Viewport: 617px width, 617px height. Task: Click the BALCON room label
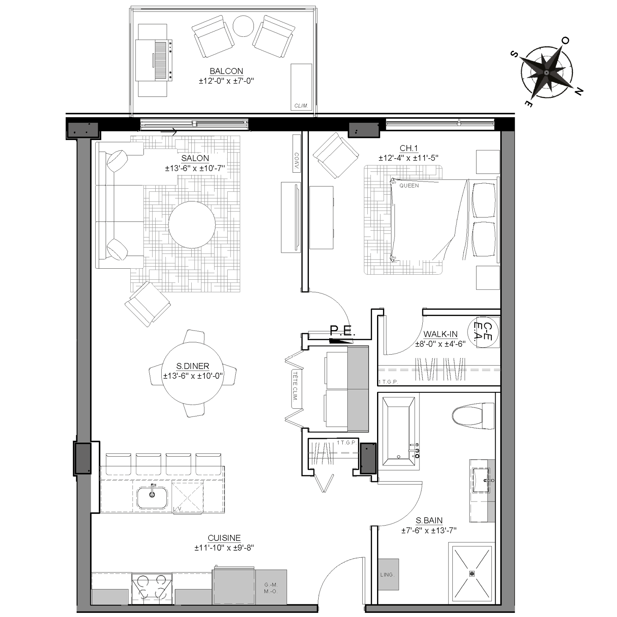pyautogui.click(x=226, y=71)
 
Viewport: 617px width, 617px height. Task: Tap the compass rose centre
pyautogui.click(x=546, y=73)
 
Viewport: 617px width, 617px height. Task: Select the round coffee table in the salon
pyautogui.click(x=192, y=224)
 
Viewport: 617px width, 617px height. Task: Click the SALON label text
pyautogui.click(x=195, y=158)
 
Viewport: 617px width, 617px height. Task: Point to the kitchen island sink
pyautogui.click(x=152, y=498)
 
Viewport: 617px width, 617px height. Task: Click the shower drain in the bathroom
pyautogui.click(x=471, y=573)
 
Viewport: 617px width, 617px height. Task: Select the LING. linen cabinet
pyautogui.click(x=388, y=574)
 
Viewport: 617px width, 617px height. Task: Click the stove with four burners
pyautogui.click(x=152, y=589)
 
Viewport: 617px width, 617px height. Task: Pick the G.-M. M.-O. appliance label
pyautogui.click(x=271, y=589)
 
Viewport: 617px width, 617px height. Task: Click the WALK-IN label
pyautogui.click(x=440, y=334)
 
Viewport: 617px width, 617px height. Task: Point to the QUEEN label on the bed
pyautogui.click(x=409, y=186)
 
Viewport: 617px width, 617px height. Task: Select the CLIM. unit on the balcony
pyautogui.click(x=301, y=87)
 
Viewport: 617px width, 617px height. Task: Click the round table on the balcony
pyautogui.click(x=243, y=26)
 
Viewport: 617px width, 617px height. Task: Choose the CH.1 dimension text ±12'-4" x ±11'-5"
pyautogui.click(x=408, y=158)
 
